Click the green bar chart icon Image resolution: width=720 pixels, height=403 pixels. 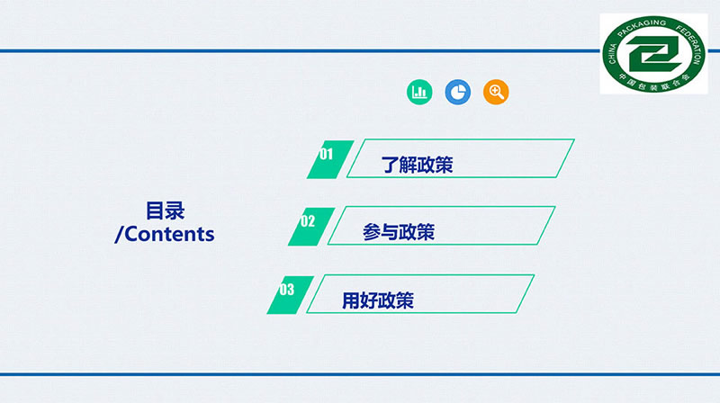click(x=419, y=92)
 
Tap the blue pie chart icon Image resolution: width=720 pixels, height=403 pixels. click(x=458, y=92)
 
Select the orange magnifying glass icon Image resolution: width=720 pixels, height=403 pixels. click(x=496, y=92)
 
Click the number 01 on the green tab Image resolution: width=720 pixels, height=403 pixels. click(x=326, y=154)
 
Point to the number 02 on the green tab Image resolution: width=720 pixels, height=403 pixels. click(x=308, y=221)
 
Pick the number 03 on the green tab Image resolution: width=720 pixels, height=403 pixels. click(x=286, y=290)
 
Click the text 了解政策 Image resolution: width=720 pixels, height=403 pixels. click(x=417, y=165)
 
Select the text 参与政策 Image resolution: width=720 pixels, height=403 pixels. click(x=399, y=232)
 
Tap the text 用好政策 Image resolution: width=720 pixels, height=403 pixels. click(x=378, y=300)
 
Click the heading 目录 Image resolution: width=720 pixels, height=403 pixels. click(x=166, y=210)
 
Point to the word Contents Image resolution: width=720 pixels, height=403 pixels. click(x=169, y=234)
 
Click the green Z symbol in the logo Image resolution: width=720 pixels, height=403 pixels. click(x=654, y=54)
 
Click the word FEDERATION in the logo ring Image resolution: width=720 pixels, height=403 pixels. click(x=691, y=43)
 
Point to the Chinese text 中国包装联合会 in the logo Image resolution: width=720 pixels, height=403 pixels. click(x=654, y=81)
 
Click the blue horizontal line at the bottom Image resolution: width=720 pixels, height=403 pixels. click(x=360, y=374)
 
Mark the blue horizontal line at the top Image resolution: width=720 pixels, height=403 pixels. click(x=300, y=50)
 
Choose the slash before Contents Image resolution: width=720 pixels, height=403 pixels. click(x=120, y=234)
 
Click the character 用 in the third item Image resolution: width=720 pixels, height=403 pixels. click(x=351, y=300)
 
